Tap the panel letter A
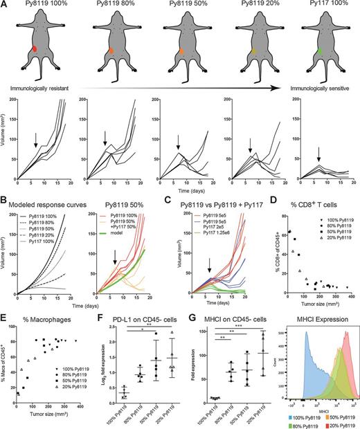pyautogui.click(x=5, y=5)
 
